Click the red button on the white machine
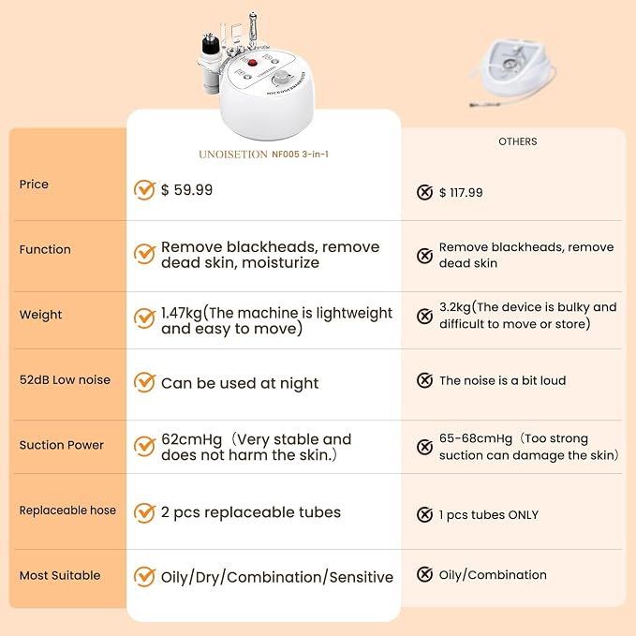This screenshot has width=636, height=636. tap(252, 63)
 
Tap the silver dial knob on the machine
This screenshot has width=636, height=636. tap(281, 78)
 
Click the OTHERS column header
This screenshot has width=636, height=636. tap(518, 141)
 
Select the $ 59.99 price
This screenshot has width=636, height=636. tap(186, 190)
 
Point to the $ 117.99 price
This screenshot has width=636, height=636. tap(461, 192)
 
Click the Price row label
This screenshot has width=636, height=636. tap(34, 185)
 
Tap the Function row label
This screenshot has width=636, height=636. tap(45, 249)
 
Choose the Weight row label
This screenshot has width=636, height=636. tap(40, 315)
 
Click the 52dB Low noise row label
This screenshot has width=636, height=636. tap(65, 379)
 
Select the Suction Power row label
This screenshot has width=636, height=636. tap(62, 445)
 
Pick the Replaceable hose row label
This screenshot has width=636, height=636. tap(67, 510)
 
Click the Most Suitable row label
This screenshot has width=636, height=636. tap(60, 575)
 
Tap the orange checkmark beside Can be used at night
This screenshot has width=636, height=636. tap(144, 382)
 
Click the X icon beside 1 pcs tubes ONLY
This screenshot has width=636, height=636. tap(424, 514)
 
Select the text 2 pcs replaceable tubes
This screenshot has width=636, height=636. tap(251, 512)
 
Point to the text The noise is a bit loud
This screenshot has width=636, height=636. tap(503, 380)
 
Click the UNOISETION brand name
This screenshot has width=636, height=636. tap(233, 155)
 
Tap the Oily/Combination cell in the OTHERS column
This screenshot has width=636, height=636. tap(493, 575)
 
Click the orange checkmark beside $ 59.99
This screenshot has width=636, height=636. tap(144, 190)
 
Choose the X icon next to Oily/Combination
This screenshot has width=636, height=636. tap(424, 574)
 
